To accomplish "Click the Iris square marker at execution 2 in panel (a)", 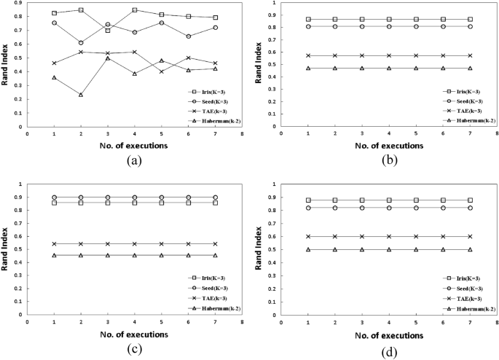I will pos(81,10).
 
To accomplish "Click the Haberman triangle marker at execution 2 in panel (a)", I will pos(81,95).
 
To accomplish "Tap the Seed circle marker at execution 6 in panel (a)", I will pos(189,36).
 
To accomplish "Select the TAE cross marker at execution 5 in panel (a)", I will pos(162,71).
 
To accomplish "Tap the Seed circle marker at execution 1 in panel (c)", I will pos(54,197).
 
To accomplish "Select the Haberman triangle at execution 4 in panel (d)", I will pos(389,249).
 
